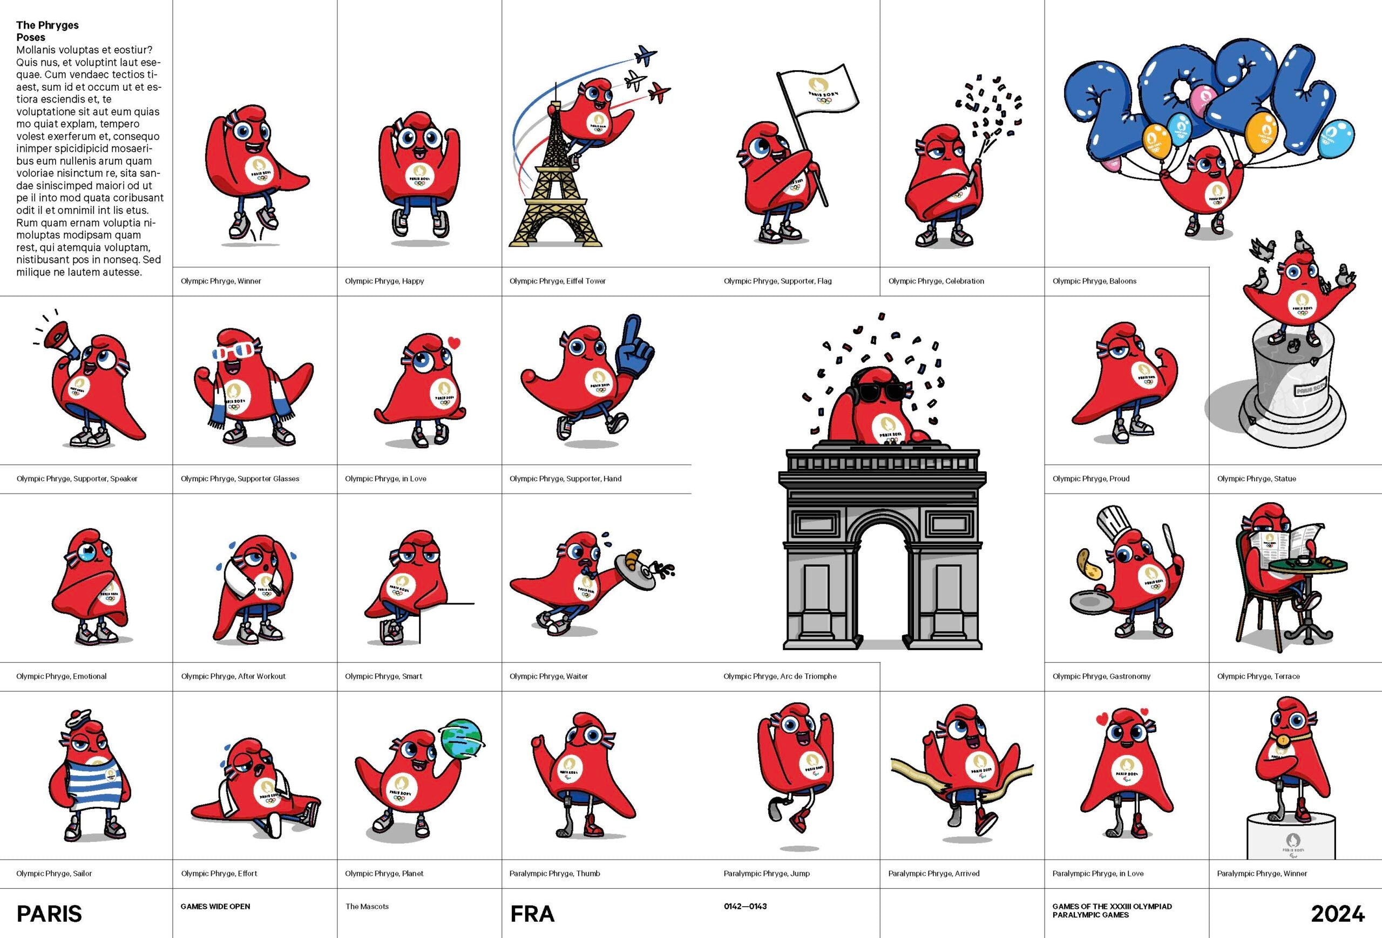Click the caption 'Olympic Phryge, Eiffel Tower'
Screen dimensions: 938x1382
[x=557, y=281]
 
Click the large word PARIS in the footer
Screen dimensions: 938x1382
[x=49, y=914]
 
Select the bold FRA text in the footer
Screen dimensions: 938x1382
[x=532, y=914]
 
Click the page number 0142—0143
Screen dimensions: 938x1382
[x=745, y=907]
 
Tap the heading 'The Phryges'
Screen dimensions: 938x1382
[x=47, y=25]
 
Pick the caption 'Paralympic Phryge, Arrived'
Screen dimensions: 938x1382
[x=933, y=873]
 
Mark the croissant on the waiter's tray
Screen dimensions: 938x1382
[x=632, y=556]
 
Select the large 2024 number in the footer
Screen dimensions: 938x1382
[x=1337, y=914]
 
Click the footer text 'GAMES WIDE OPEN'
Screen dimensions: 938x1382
[x=215, y=907]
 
